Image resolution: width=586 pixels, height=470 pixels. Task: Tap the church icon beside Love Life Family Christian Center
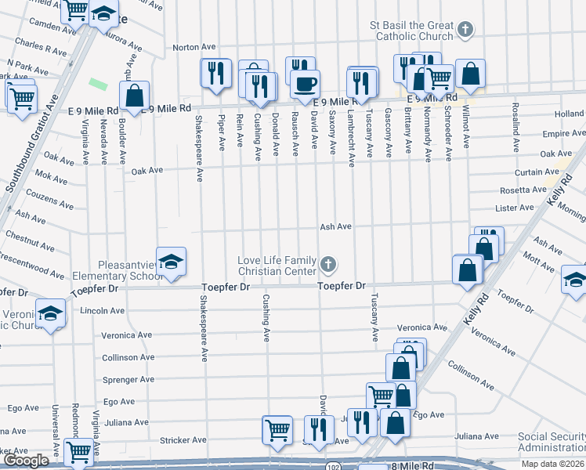(x=328, y=266)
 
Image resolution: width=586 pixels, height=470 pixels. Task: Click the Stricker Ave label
(x=177, y=440)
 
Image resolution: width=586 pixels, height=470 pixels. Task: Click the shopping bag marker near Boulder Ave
(x=135, y=96)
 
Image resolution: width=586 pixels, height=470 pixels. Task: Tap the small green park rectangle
(x=98, y=83)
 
